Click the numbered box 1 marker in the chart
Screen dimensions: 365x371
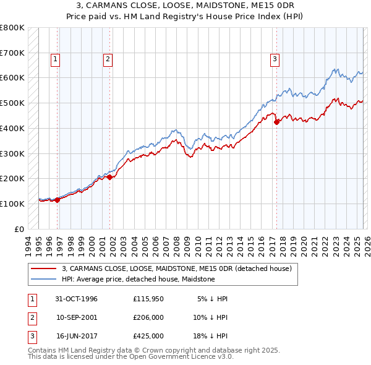pos(55,59)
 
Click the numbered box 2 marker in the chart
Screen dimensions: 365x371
pos(108,59)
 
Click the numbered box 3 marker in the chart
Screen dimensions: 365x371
pos(274,59)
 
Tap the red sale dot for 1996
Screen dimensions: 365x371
pos(58,200)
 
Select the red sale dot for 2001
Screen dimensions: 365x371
pos(110,177)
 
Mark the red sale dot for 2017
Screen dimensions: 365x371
pos(277,122)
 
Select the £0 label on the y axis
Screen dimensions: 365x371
pos(19,229)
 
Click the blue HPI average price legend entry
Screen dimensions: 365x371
pos(138,279)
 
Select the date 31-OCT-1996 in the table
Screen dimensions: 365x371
pos(77,299)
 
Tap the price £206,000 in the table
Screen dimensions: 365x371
pos(148,317)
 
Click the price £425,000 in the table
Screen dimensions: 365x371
pos(148,336)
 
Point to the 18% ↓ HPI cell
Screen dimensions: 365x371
pos(210,336)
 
